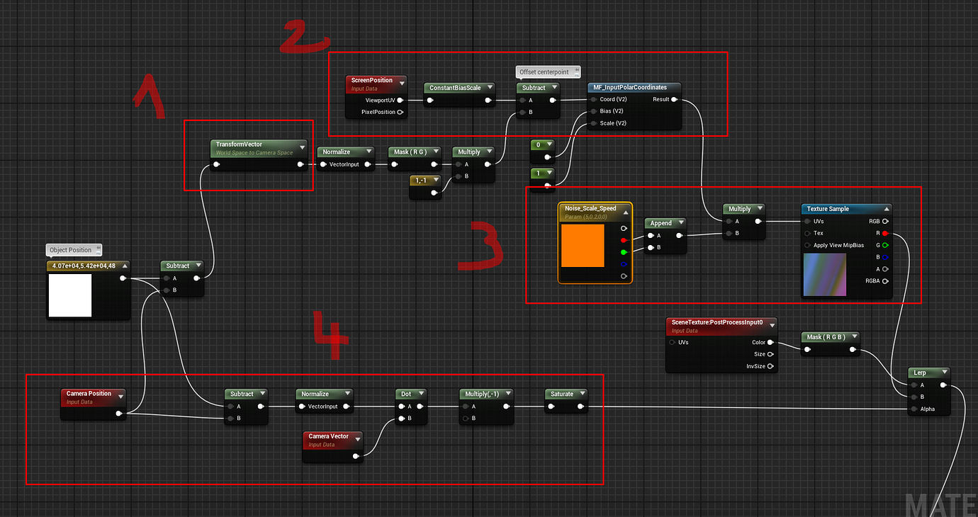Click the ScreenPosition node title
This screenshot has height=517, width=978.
pos(371,80)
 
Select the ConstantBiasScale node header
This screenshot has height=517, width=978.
pos(454,88)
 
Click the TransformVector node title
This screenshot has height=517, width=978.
pos(239,144)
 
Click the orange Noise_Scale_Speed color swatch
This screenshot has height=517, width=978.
pos(583,246)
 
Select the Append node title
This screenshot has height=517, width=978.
pos(661,223)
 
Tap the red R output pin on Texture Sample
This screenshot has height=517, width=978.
pos(885,233)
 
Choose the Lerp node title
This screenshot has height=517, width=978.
pos(919,373)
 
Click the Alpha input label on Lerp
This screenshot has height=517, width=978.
pos(927,409)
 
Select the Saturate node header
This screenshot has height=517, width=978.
pos(562,394)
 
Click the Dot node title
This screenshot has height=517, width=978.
pos(405,394)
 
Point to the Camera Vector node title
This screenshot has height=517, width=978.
pos(328,436)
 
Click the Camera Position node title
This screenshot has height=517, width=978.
pos(89,394)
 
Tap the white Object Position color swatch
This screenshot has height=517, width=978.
pos(70,295)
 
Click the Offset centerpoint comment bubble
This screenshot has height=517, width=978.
pos(548,72)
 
